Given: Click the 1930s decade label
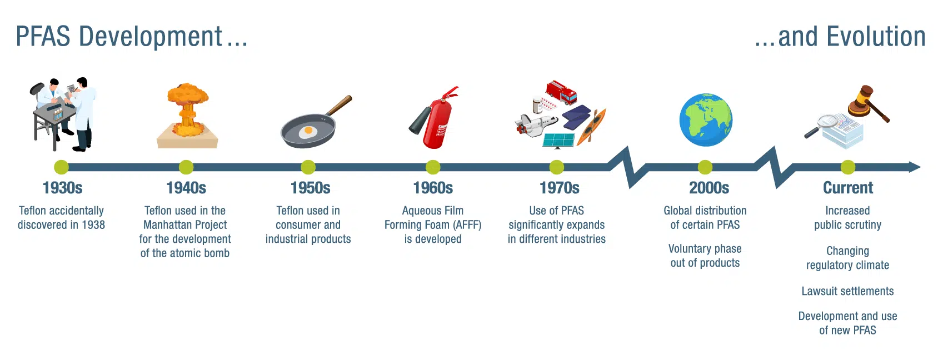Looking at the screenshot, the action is [62, 188].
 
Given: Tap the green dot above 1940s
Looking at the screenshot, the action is [186, 167].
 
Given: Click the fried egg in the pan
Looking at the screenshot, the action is [308, 132].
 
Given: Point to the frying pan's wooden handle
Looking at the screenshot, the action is [340, 106].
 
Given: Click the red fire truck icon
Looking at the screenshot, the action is [561, 92].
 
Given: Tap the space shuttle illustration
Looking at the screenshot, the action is [536, 126].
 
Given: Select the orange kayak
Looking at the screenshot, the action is [591, 127].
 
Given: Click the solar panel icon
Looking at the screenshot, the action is [559, 141].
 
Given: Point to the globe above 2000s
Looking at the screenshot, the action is [706, 119].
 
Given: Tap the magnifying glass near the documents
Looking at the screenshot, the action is [821, 126].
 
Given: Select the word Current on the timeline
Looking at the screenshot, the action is [848, 188].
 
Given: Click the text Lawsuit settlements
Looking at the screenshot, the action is [847, 291].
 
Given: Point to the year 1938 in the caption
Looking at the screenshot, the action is [93, 225].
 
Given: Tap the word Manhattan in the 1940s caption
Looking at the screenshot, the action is [164, 225].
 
